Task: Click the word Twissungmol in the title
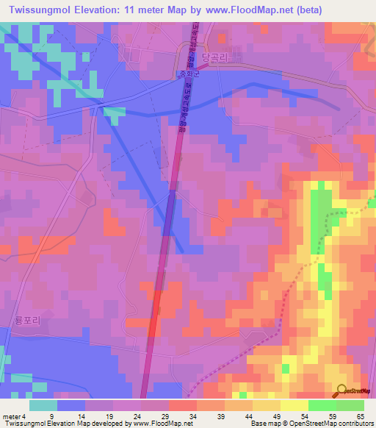[39, 10]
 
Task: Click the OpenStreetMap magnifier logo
[342, 390]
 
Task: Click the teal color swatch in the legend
[43, 405]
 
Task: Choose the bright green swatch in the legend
[322, 405]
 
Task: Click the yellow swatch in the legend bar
[294, 405]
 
